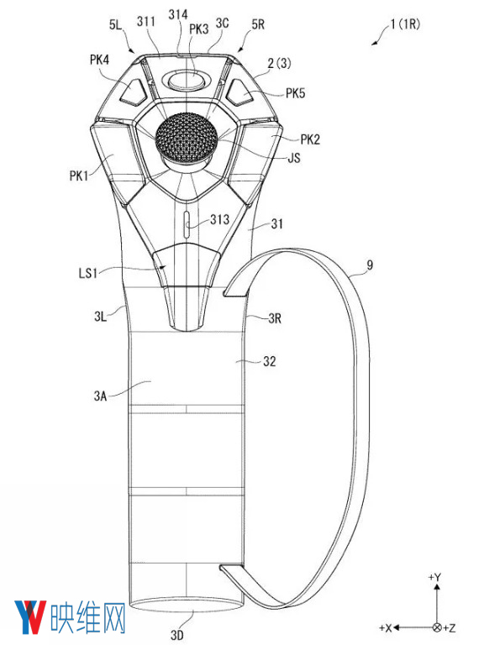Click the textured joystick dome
click(x=186, y=136)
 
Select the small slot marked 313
click(x=186, y=224)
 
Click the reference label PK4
click(x=100, y=60)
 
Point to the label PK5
click(x=296, y=93)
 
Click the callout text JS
click(x=294, y=158)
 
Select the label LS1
click(x=88, y=273)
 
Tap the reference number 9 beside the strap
click(x=370, y=265)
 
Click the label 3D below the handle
click(x=177, y=635)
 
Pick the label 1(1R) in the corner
click(x=405, y=24)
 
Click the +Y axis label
click(x=434, y=577)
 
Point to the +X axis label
click(x=385, y=628)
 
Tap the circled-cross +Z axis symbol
click(x=437, y=627)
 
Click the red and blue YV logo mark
click(x=30, y=617)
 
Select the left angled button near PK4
click(x=134, y=93)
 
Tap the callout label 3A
click(x=100, y=396)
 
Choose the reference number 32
click(x=269, y=361)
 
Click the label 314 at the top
click(x=178, y=14)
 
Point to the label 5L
click(x=115, y=24)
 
